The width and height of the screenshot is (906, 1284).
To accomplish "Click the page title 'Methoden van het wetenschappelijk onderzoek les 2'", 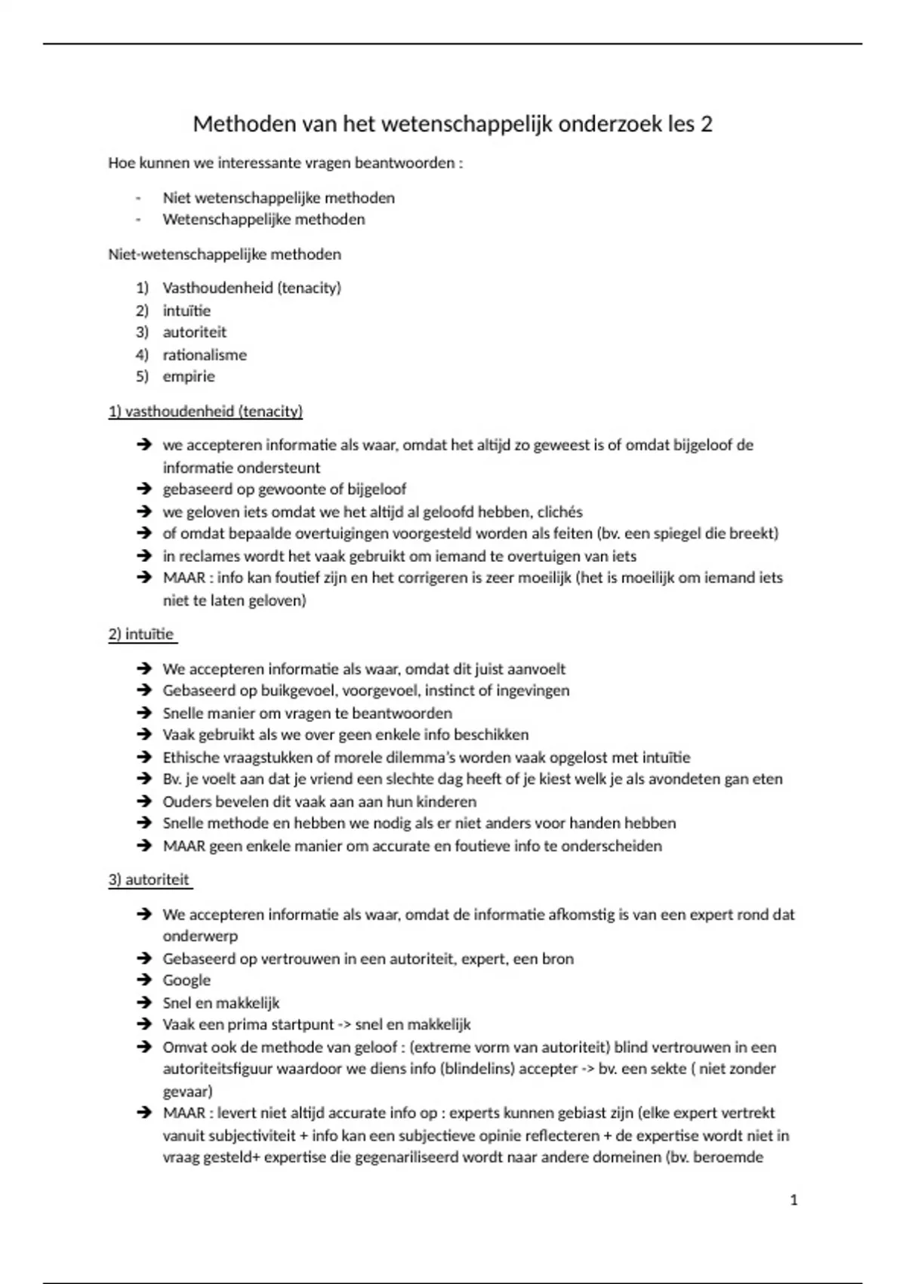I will tap(452, 124).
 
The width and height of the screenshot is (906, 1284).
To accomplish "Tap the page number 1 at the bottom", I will tap(794, 1200).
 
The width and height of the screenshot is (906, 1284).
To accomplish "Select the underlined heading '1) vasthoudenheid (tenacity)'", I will tap(205, 412).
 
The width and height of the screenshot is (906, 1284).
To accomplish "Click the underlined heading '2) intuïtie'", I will tap(141, 634).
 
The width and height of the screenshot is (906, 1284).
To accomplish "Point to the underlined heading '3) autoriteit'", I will tap(149, 880).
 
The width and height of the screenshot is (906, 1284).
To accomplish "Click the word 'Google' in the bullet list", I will tap(186, 980).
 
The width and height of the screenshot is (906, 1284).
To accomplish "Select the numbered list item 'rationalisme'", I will tap(205, 355).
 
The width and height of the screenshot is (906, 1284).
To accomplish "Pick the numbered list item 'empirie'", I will tap(189, 377).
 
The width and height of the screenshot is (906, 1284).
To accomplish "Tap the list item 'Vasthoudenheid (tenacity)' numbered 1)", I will tap(251, 288).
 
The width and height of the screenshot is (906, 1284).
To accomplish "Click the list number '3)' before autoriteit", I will tap(142, 332).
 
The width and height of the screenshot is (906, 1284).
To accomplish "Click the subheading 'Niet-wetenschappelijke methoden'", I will tap(224, 255).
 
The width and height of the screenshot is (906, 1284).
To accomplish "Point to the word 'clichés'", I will tap(559, 512).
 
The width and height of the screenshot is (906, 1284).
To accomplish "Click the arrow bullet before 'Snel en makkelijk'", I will tap(144, 1003).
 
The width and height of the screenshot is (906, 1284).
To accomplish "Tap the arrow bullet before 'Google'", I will tap(144, 980).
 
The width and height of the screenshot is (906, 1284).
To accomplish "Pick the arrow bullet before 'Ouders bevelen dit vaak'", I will tap(144, 801).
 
